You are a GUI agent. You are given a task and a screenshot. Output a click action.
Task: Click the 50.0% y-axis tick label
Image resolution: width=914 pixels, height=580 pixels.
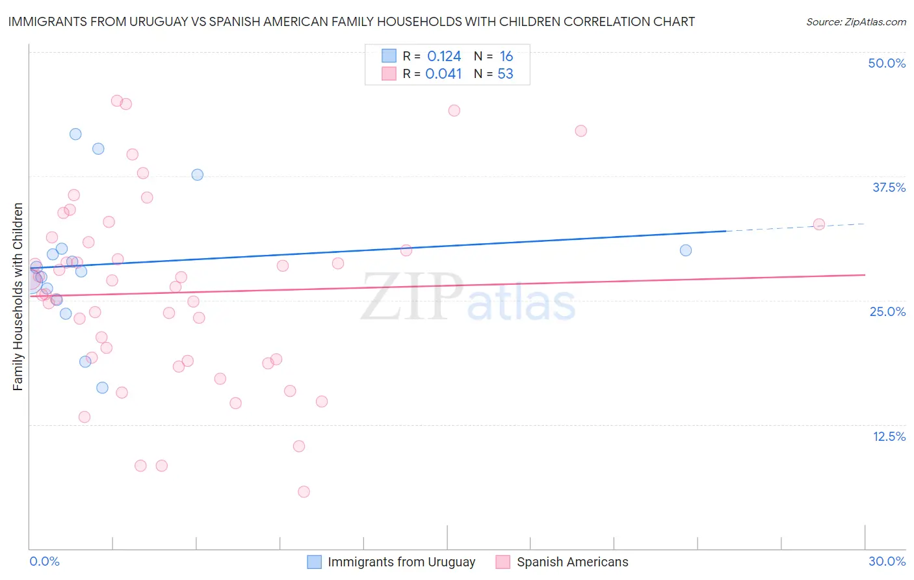click(887, 63)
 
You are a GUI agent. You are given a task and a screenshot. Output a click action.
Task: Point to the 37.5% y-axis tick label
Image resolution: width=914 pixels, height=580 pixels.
click(889, 187)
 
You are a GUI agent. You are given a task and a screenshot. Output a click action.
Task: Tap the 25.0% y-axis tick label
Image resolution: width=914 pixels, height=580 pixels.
click(887, 311)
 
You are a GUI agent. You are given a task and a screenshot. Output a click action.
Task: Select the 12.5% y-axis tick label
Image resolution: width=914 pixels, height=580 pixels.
click(889, 436)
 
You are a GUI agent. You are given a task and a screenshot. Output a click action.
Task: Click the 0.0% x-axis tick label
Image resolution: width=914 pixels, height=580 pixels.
click(44, 561)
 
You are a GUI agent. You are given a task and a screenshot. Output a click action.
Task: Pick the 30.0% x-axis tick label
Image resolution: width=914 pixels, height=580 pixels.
click(887, 561)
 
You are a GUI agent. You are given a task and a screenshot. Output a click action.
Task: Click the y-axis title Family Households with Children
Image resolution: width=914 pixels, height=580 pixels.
click(18, 297)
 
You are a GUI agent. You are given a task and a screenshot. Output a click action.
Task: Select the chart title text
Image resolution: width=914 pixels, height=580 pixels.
click(351, 21)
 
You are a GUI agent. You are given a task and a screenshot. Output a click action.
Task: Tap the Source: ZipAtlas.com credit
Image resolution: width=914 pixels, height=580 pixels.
click(855, 21)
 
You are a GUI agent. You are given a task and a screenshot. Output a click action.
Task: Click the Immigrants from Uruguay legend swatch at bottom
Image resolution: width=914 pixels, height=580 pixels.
click(314, 562)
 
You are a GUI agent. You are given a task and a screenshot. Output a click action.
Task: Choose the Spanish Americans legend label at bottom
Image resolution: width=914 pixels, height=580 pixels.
click(572, 562)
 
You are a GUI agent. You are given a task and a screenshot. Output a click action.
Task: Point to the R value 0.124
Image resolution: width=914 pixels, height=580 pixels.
click(444, 57)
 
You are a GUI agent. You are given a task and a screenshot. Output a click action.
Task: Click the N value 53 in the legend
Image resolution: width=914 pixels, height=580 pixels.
click(505, 74)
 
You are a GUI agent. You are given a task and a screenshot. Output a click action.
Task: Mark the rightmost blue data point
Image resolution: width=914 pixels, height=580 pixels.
click(685, 250)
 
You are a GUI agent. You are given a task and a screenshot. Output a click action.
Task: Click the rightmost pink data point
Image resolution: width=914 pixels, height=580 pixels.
click(818, 224)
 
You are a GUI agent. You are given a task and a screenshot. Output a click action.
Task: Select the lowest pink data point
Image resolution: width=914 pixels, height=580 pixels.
click(304, 492)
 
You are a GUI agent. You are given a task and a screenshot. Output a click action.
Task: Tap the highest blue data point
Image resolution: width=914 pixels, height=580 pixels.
click(75, 134)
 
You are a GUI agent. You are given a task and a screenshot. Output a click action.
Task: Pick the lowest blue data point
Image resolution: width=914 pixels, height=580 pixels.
click(102, 388)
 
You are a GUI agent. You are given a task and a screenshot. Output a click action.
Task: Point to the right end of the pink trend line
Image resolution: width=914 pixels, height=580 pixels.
click(864, 275)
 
